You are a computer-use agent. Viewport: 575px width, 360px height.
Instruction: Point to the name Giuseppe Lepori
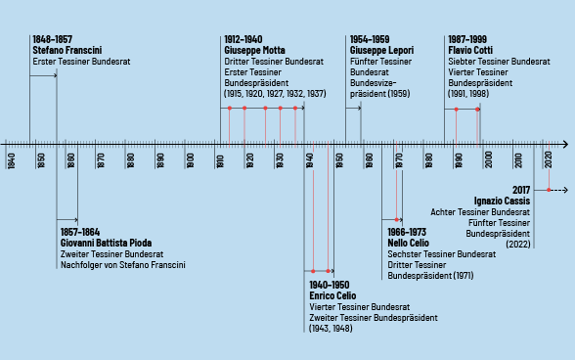[x=381, y=50]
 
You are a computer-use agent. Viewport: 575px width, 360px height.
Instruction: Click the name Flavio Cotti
[x=472, y=50]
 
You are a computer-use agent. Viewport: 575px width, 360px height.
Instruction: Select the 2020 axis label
[x=549, y=159]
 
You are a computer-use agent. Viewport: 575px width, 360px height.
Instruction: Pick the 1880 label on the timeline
[x=130, y=159]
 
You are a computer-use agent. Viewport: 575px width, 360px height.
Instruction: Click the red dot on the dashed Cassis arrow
[x=549, y=189]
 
